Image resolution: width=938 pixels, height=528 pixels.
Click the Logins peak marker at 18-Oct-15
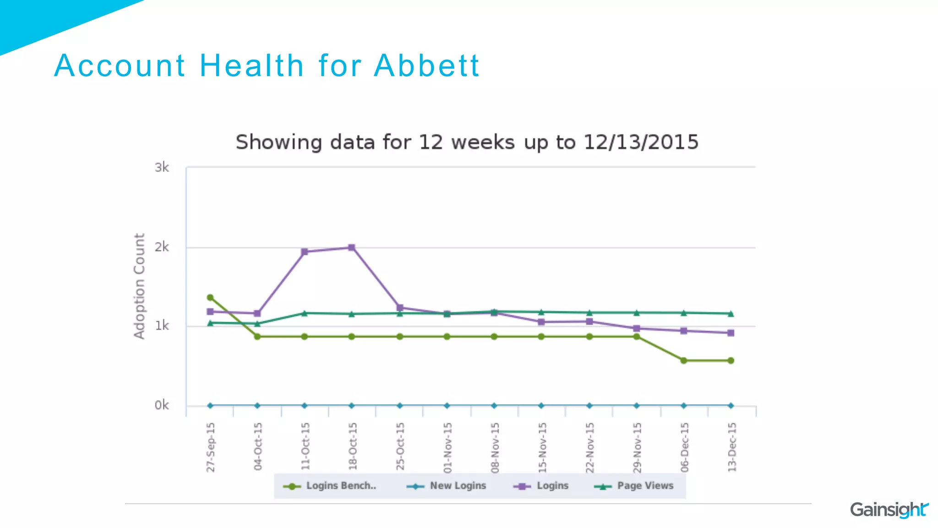pos(352,247)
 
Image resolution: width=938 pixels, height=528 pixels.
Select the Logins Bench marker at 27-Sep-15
pos(210,297)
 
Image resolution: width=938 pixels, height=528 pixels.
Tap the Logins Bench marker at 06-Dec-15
pos(684,361)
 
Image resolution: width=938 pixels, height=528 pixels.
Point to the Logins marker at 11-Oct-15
pos(305,252)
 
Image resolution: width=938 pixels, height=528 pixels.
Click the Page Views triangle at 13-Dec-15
pos(731,314)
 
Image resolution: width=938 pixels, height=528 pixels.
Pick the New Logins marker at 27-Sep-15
pos(210,406)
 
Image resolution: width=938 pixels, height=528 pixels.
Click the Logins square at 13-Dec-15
pos(731,333)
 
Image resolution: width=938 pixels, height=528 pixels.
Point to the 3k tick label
pos(162,168)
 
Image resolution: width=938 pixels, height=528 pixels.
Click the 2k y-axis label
pos(162,247)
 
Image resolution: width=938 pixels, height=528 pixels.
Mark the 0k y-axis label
pos(162,406)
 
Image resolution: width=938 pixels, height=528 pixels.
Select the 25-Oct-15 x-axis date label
pos(400,446)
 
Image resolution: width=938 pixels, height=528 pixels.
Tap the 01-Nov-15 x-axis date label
pos(447,447)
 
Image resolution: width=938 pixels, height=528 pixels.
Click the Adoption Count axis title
pos(139,286)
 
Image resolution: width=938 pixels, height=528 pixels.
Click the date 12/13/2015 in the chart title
pos(641,142)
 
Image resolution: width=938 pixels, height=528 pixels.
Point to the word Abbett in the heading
pos(426,66)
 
